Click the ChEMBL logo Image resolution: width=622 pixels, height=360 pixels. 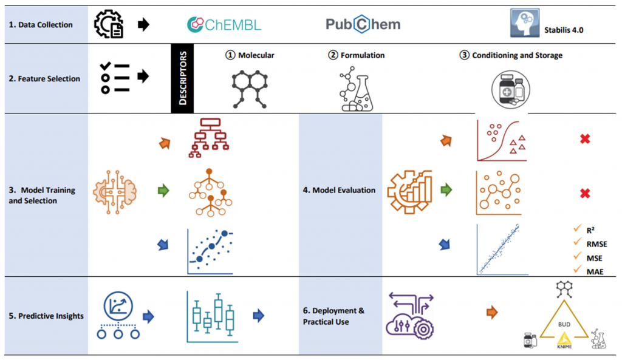tap(224, 24)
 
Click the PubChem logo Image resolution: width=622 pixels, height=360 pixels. tap(363, 24)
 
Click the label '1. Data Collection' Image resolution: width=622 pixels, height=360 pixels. tap(41, 25)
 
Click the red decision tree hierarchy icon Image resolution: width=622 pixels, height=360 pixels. tap(208, 138)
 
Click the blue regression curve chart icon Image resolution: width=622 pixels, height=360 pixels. tap(210, 250)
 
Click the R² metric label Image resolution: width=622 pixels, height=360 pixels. tap(590, 229)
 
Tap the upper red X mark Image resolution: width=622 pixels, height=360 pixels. tap(585, 139)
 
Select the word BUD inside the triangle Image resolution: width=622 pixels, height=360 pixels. tap(564, 324)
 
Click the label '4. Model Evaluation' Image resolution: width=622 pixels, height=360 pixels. tap(339, 190)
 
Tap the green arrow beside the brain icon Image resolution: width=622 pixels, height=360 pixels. tap(163, 191)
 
